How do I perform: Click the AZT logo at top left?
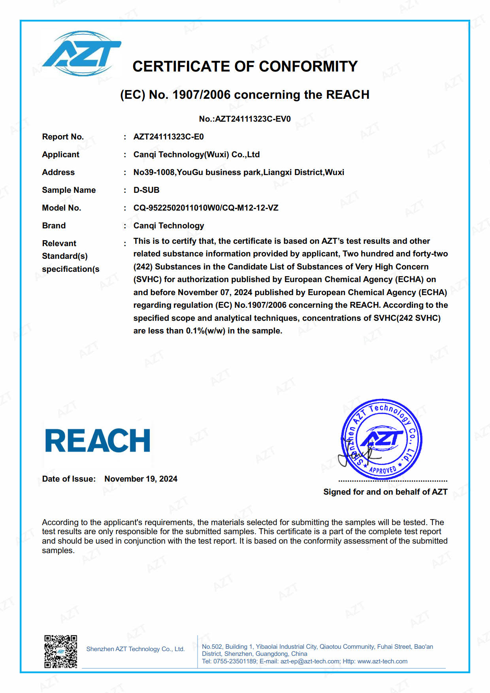coord(82,54)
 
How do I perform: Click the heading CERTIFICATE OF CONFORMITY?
coord(245,66)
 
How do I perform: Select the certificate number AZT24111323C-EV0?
coord(253,119)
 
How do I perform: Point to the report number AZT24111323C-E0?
coord(169,137)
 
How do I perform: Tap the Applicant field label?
coord(60,154)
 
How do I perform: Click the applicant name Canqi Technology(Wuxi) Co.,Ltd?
coord(196,154)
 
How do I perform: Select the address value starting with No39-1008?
coord(239,172)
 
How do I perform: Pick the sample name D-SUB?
coord(146,190)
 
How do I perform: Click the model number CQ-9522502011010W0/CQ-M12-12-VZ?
coord(206,208)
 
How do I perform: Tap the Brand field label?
coord(54,226)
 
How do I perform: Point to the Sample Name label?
coord(69,190)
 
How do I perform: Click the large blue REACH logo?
coord(98,441)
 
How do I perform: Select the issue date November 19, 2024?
coord(141,479)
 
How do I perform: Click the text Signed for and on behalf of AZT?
coord(385,492)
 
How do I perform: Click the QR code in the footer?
coord(60,652)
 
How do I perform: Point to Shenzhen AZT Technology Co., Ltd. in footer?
coord(136,649)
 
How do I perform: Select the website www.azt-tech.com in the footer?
coord(382,661)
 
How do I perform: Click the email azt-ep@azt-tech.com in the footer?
coord(310,661)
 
